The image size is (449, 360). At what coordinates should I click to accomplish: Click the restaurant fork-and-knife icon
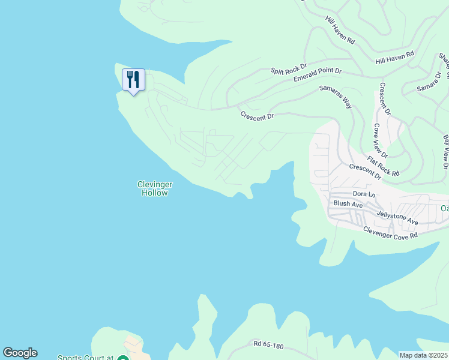tap(133, 79)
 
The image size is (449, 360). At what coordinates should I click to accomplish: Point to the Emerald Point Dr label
tap(318, 75)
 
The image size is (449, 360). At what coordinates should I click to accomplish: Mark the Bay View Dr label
tap(446, 152)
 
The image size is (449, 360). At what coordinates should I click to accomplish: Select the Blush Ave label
tap(348, 204)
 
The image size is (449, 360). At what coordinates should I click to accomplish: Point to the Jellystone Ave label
tap(397, 217)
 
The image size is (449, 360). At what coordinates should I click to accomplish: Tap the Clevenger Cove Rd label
tap(390, 232)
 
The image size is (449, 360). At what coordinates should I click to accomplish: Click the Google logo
tap(20, 353)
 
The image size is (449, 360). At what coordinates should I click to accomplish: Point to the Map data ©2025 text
tap(423, 355)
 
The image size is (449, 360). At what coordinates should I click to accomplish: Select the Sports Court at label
tap(85, 358)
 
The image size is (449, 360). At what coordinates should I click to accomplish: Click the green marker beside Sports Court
tap(122, 358)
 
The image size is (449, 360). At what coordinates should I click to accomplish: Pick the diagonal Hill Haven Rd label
tap(340, 32)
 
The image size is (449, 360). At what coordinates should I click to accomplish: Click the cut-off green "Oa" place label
tap(444, 208)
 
